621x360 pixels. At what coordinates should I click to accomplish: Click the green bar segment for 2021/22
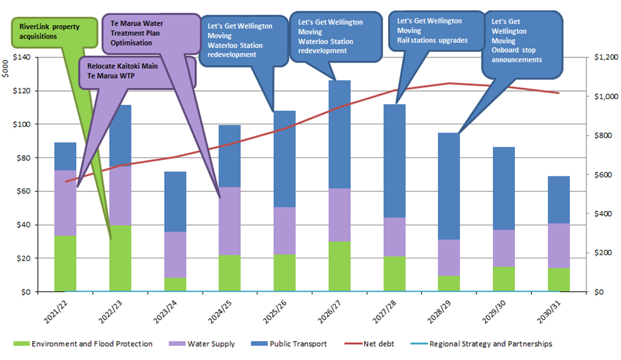[x=65, y=263]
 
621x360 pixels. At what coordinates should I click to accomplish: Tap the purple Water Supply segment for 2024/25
[x=230, y=221]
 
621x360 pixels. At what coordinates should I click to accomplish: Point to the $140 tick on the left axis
[x=31, y=57]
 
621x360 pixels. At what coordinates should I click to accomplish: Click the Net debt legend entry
[x=372, y=344]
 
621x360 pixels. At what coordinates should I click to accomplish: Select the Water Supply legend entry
[x=201, y=344]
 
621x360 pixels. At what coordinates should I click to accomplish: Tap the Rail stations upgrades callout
[x=435, y=30]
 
